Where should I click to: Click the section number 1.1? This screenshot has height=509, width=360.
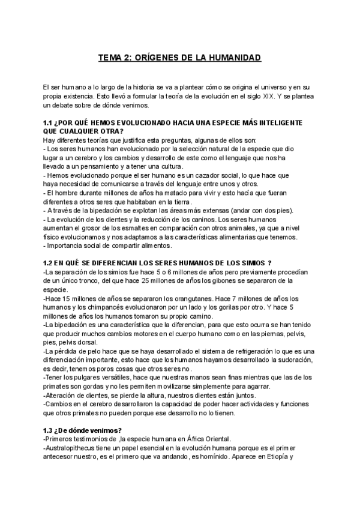point(50,123)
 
